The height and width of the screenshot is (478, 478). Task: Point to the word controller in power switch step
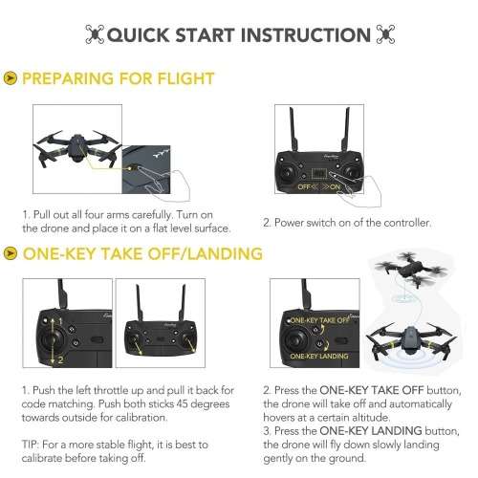pos(391,223)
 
